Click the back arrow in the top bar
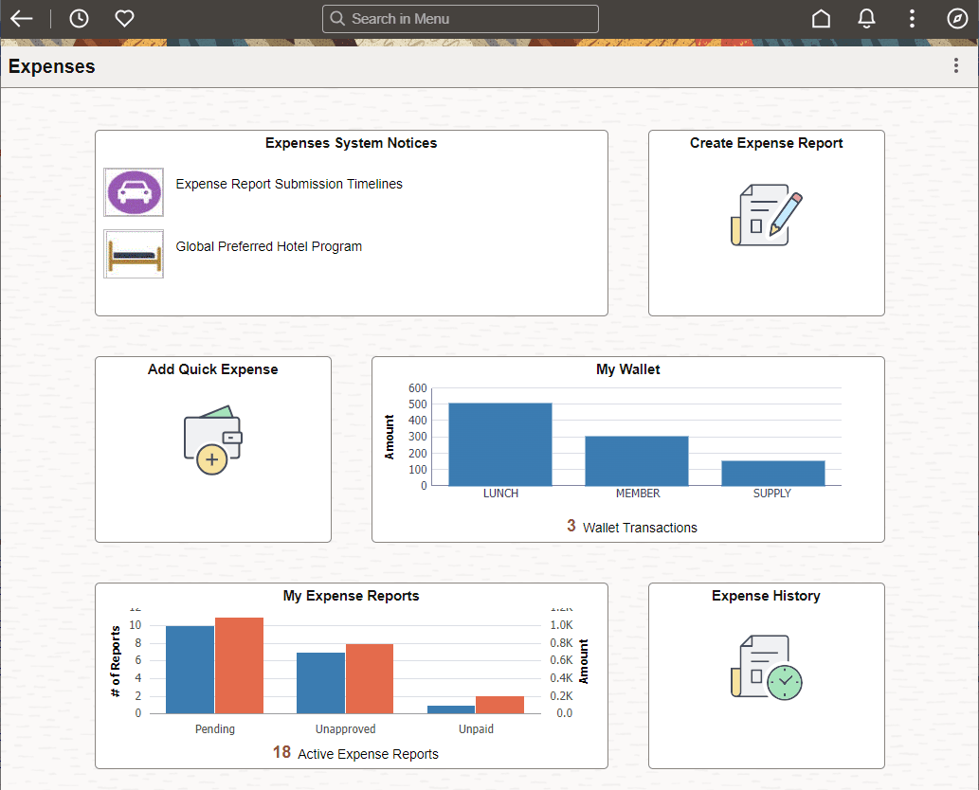pyautogui.click(x=21, y=19)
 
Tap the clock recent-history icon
pyautogui.click(x=79, y=19)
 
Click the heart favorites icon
pyautogui.click(x=124, y=19)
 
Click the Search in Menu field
pyautogui.click(x=461, y=19)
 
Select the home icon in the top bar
pyautogui.click(x=821, y=19)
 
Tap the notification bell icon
pyautogui.click(x=866, y=19)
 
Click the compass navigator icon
pyautogui.click(x=956, y=19)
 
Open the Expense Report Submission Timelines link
pyautogui.click(x=289, y=184)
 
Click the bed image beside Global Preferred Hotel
pyautogui.click(x=134, y=254)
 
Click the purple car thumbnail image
pyautogui.click(x=134, y=192)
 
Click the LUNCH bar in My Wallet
pyautogui.click(x=499, y=444)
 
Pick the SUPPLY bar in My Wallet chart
pyautogui.click(x=772, y=473)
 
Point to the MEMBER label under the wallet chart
pyautogui.click(x=638, y=494)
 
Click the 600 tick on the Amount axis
pyautogui.click(x=418, y=388)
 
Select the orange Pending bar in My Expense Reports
pyautogui.click(x=239, y=665)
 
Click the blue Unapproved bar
pyautogui.click(x=320, y=682)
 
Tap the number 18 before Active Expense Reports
pyautogui.click(x=281, y=752)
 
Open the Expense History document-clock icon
pyautogui.click(x=766, y=668)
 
